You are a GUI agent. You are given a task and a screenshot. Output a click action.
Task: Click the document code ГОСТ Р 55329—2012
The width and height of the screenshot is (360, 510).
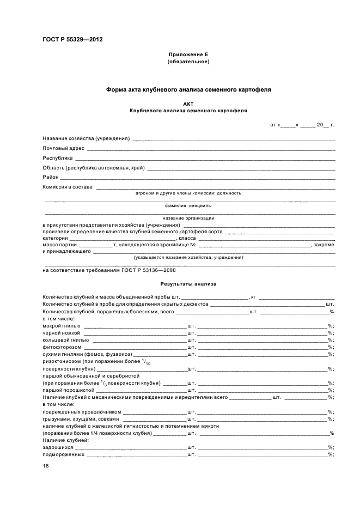(72, 40)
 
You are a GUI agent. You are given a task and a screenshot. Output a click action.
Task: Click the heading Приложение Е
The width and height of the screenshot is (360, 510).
(188, 55)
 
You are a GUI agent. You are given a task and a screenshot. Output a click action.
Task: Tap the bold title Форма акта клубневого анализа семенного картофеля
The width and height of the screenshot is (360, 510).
(188, 89)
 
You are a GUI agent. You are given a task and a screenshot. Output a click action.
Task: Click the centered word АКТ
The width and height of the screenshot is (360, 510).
(188, 103)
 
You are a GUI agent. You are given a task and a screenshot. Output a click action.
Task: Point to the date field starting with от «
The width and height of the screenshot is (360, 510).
(302, 125)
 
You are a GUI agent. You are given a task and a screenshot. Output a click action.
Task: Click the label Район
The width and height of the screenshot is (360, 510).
(51, 177)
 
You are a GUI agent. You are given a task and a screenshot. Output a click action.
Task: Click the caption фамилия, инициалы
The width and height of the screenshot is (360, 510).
(188, 206)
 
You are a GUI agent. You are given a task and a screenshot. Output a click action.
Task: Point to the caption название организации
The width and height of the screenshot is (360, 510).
(188, 218)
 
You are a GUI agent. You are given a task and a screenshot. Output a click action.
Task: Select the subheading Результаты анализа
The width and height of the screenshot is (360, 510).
(188, 284)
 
